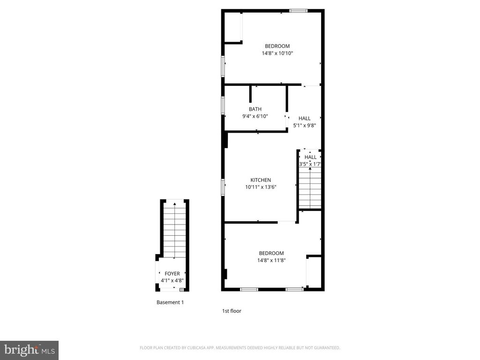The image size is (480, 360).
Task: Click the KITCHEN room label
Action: [261, 180]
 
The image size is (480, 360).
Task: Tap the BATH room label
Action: [255, 109]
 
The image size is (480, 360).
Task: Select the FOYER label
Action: [172, 273]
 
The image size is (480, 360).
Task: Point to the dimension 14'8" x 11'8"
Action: [271, 261]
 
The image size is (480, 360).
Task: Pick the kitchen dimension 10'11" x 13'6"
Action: [261, 187]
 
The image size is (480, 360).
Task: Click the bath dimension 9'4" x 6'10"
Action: [255, 116]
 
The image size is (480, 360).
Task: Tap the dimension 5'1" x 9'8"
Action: [304, 126]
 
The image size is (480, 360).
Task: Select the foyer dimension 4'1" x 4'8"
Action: [172, 280]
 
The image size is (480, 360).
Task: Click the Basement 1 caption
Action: [170, 302]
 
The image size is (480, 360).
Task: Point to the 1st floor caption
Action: [232, 311]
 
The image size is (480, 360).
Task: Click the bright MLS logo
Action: [29, 350]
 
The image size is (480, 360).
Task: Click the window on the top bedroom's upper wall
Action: [298, 11]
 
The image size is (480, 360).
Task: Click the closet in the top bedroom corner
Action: [233, 27]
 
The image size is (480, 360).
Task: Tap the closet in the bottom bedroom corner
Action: [314, 272]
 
